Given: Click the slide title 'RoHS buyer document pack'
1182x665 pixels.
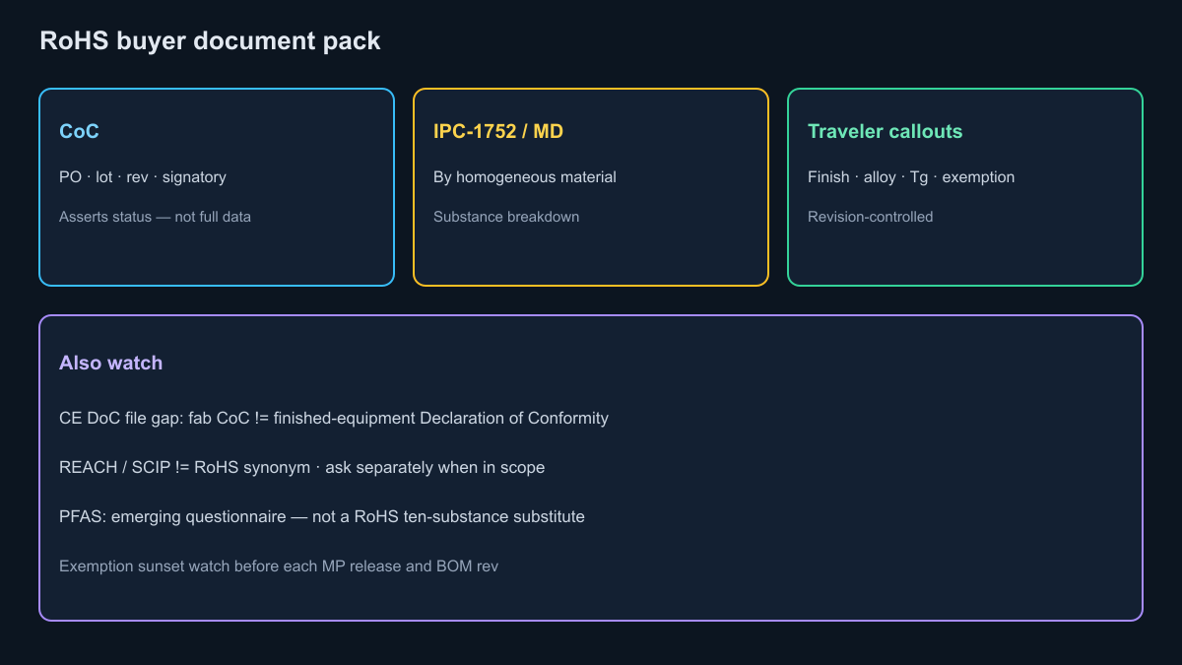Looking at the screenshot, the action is [210, 41].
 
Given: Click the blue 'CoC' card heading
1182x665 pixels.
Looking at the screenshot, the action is [79, 131].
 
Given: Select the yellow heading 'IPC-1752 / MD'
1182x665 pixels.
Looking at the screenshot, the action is [498, 131].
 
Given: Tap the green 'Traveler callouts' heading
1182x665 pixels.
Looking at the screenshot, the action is [885, 131].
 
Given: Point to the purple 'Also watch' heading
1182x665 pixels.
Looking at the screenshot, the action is [110, 364].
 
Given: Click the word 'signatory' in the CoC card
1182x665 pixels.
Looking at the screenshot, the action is [194, 177].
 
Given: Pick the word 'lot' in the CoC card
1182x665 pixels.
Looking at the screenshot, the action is [104, 176].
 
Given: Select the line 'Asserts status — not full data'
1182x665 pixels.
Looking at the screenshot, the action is [156, 217].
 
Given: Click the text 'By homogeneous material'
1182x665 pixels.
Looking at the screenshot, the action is [524, 177].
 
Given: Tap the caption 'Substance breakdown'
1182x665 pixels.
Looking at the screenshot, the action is [506, 217].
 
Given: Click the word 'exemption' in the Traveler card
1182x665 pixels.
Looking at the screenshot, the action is [978, 177].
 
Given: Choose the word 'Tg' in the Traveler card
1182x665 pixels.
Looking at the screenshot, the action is [919, 177].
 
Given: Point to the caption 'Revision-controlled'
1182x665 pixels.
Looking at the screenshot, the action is [870, 217].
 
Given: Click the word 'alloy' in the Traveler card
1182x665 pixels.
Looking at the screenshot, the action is [880, 177].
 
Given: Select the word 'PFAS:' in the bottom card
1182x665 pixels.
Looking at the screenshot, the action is [83, 516].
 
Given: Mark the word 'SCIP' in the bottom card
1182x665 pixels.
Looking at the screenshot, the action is [151, 468].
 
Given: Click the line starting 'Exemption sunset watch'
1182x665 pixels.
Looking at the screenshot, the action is [279, 566].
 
